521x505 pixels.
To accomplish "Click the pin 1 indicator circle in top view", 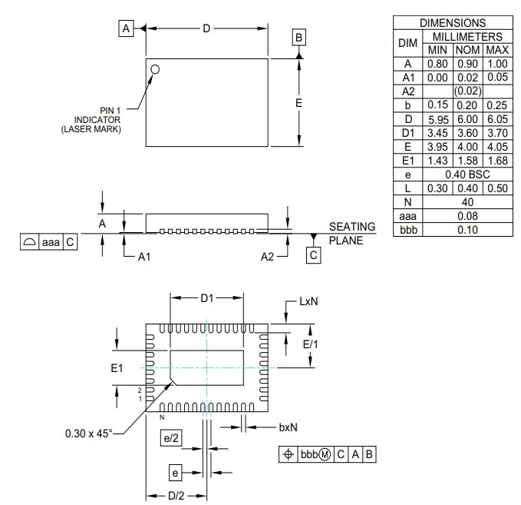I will click(x=156, y=69).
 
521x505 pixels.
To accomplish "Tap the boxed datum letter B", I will click(x=299, y=38).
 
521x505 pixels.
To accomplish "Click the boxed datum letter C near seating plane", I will click(x=313, y=254).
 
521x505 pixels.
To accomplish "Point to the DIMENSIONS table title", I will click(x=453, y=23).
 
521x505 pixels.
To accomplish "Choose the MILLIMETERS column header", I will click(x=467, y=36).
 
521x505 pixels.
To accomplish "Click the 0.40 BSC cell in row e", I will click(x=467, y=174).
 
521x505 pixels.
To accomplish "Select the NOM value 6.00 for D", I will click(x=467, y=119).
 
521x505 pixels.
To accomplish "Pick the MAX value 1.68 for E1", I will click(x=497, y=161).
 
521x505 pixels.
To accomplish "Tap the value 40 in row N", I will click(x=467, y=201).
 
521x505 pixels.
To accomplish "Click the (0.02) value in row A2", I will click(x=467, y=91).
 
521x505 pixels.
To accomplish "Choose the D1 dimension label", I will click(x=206, y=298).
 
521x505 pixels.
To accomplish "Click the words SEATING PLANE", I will click(x=351, y=233).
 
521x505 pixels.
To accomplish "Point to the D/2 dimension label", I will click(x=176, y=495).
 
